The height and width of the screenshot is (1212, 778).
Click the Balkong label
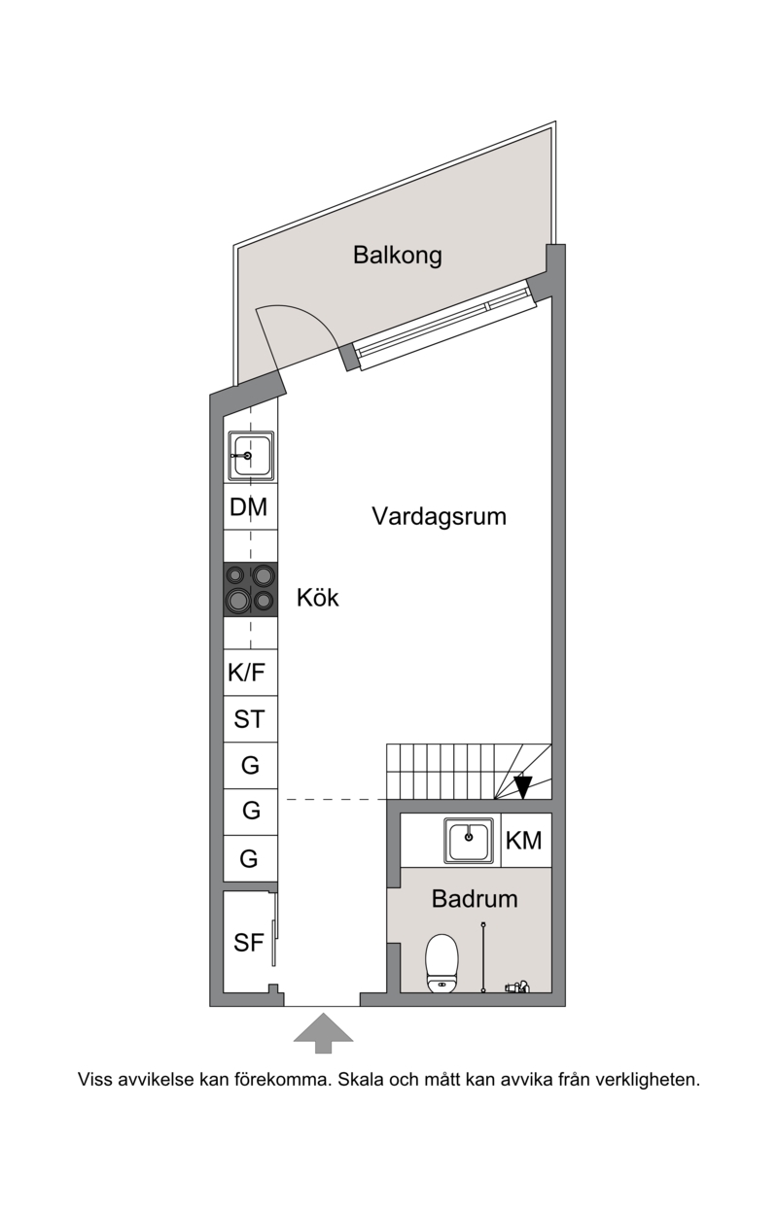coord(397,255)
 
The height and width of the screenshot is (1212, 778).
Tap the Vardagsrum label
coord(439,516)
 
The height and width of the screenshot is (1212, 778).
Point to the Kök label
coord(317,598)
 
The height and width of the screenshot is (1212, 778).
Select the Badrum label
coord(475,899)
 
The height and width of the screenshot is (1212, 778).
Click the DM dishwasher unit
coord(251,507)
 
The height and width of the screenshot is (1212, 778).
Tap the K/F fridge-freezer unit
coord(251,673)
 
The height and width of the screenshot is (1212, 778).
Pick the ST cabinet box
coord(251,719)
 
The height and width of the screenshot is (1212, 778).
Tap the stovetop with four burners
coord(251,589)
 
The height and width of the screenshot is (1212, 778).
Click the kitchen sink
coord(251,456)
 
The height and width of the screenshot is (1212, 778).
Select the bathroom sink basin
coord(469,841)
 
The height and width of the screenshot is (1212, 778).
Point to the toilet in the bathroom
coord(442,963)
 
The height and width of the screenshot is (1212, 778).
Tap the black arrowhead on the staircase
coord(523,787)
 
